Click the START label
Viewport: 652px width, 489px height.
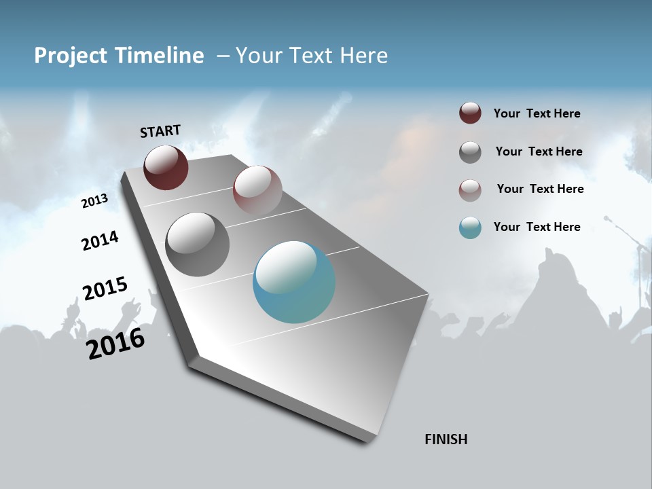[160, 131]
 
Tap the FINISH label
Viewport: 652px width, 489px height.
[446, 439]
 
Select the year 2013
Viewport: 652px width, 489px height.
[94, 201]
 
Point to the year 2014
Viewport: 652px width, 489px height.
[100, 241]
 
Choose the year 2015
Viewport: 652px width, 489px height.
[105, 289]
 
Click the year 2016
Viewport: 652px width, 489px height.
[115, 344]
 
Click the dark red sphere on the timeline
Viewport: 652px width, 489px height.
[166, 167]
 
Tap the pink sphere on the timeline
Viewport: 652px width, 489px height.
[257, 189]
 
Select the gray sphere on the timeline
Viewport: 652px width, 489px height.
[198, 244]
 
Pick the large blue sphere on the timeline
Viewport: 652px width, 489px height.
[294, 282]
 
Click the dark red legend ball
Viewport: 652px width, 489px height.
[470, 113]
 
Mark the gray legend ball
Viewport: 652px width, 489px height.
[470, 152]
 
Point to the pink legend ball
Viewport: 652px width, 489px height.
[470, 190]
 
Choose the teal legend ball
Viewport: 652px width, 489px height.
[470, 228]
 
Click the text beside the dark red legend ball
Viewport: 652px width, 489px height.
[537, 114]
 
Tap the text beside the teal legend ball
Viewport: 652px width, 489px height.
[537, 227]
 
